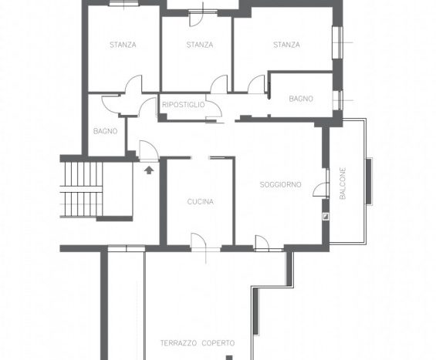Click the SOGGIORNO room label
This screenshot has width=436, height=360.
[x=281, y=184]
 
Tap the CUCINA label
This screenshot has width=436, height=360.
[x=200, y=202]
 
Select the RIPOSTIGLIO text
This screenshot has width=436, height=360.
[x=183, y=105]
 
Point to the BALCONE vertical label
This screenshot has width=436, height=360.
[x=343, y=183]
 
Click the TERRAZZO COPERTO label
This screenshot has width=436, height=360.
[x=198, y=343]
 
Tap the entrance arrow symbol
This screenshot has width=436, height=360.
[x=149, y=170]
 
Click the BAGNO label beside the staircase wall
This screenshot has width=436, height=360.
[x=105, y=131]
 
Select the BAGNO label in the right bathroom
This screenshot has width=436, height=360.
[x=301, y=99]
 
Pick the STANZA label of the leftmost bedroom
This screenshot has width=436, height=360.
[x=123, y=45]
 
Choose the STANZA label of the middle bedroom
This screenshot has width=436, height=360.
[x=200, y=45]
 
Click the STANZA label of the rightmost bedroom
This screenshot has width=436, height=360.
[x=286, y=45]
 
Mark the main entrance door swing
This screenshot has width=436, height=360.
[x=149, y=151]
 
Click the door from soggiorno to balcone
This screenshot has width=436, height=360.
[x=321, y=190]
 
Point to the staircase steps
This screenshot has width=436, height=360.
[x=81, y=189]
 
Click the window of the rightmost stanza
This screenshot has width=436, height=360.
[x=337, y=42]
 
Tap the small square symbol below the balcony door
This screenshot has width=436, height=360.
[x=326, y=217]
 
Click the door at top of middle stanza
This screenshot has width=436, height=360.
[x=197, y=19]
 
